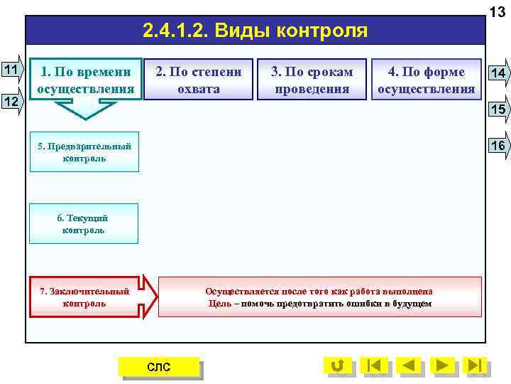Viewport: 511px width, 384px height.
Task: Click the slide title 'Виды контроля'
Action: click(255, 31)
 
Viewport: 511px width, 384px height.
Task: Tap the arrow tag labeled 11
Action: click(11, 70)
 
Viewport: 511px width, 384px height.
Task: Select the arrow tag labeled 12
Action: click(11, 102)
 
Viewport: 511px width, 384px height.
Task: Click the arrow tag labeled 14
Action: click(498, 73)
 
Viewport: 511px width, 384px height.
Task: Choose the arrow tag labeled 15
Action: click(498, 109)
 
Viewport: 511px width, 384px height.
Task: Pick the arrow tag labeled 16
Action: click(498, 145)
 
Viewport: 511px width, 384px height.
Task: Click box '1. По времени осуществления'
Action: click(86, 80)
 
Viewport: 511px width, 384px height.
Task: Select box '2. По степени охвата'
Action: click(199, 80)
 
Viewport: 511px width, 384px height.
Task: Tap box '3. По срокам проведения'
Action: click(312, 80)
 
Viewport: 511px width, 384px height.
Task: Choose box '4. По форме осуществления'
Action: click(426, 80)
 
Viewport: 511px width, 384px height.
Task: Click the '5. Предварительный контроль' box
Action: click(84, 152)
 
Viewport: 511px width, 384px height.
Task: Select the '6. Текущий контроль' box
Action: click(84, 224)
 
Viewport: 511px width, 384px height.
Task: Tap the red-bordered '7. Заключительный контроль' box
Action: click(84, 297)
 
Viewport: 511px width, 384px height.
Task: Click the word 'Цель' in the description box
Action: click(218, 304)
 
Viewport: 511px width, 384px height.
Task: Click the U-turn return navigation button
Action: click(338, 366)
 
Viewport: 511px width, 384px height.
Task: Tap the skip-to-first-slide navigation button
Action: click(374, 366)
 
